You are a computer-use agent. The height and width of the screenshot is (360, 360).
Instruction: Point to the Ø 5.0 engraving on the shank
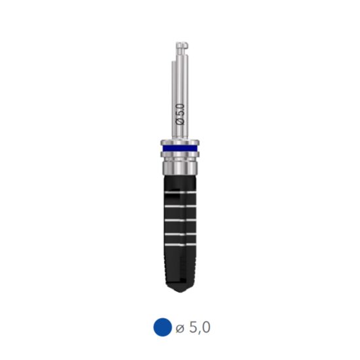click(x=181, y=109)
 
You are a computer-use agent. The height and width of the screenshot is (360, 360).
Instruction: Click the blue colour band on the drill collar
click(x=179, y=150)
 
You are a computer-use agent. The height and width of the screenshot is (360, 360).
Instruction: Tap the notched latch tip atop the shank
click(x=181, y=48)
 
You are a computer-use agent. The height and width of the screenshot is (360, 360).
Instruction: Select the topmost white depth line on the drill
click(x=179, y=194)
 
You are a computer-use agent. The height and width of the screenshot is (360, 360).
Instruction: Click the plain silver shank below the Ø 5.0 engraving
click(x=181, y=131)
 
